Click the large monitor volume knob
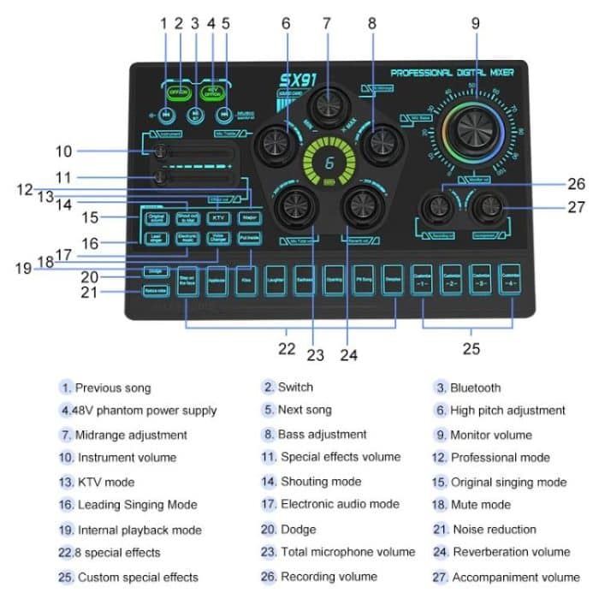tap(474, 129)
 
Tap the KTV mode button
tap(218, 217)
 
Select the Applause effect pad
tap(216, 281)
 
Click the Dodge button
tap(155, 272)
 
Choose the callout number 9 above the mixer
tap(475, 25)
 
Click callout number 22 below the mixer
tap(288, 348)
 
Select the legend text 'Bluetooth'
tap(475, 388)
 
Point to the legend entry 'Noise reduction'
tap(494, 530)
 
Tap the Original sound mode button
tap(155, 217)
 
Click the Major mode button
tap(249, 217)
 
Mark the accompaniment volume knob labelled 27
tap(487, 205)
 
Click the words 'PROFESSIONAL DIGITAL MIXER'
tap(452, 74)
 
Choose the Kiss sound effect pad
tap(246, 281)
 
